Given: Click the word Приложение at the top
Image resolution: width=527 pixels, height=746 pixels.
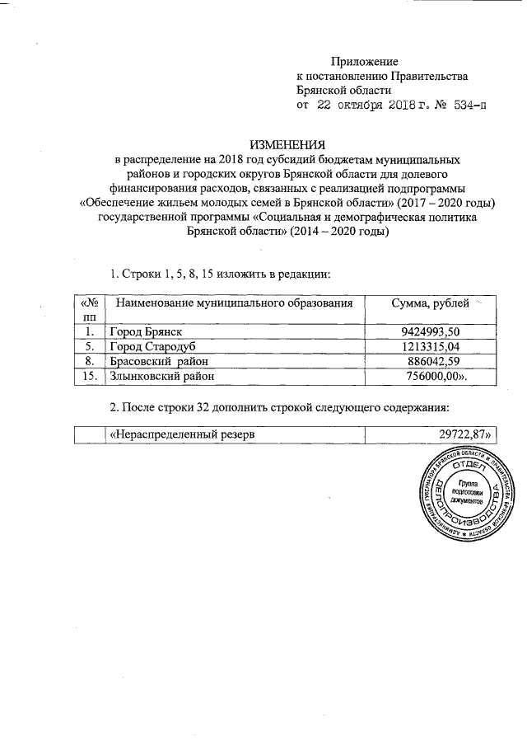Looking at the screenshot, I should (364, 62).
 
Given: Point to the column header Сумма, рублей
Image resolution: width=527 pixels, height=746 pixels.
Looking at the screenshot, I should (429, 304).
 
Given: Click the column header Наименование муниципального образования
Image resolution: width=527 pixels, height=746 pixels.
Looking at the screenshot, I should (240, 304).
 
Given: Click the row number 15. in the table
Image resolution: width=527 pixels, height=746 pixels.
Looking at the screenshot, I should (88, 376).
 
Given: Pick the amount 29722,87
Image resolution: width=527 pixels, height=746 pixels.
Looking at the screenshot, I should (452, 434).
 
